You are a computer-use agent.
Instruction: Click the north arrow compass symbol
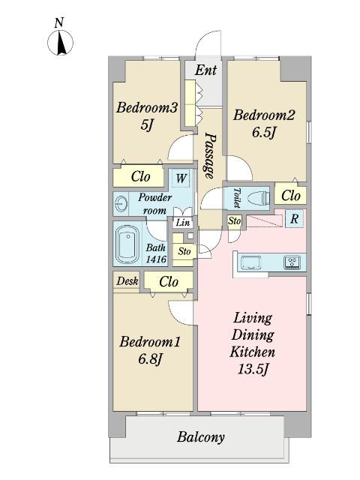[x=60, y=43]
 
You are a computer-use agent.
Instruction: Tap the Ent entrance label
[x=205, y=70]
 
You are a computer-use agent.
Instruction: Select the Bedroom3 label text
[x=147, y=108]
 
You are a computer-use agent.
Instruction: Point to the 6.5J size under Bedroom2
[x=264, y=133]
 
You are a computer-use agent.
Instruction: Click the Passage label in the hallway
[x=210, y=155]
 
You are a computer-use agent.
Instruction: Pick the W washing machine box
[x=181, y=178]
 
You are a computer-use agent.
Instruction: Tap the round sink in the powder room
[x=121, y=203]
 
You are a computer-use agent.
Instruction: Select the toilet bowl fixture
[x=258, y=198]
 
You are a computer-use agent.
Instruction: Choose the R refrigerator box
[x=295, y=218]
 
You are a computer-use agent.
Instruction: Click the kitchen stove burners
[x=292, y=262]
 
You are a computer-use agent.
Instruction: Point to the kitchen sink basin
[x=251, y=262]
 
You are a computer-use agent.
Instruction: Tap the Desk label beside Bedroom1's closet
[x=127, y=281]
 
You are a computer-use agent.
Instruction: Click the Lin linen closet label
[x=183, y=223]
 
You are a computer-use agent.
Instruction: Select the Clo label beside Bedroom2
[x=291, y=195]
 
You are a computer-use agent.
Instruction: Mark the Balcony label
[x=201, y=436]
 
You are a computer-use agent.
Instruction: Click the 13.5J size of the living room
[x=253, y=370]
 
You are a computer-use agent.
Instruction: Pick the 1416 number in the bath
[x=156, y=259]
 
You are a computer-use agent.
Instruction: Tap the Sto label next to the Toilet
[x=234, y=220]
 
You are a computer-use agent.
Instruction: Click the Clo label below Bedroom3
[x=140, y=176]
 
